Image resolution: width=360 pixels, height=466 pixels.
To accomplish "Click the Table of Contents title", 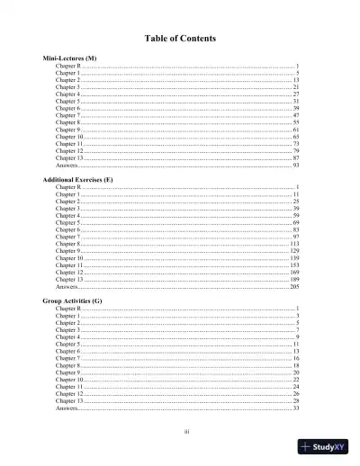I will tap(179, 38).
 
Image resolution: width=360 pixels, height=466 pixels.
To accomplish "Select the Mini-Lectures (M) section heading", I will tap(70, 58).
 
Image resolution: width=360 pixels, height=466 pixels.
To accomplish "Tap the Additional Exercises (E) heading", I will tap(77, 180).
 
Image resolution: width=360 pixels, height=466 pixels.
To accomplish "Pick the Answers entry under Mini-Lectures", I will tap(66, 166).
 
